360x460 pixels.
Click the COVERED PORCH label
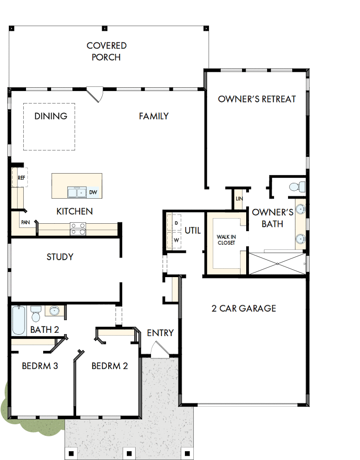[x=106, y=52]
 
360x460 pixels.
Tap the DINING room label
[x=51, y=116]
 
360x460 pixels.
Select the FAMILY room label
[x=154, y=116]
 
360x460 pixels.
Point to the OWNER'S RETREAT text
[x=257, y=99]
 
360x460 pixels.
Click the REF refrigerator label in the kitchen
[x=21, y=178]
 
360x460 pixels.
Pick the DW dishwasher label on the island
[x=93, y=192]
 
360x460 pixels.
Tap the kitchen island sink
[x=76, y=192]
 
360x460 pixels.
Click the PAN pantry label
[x=25, y=222]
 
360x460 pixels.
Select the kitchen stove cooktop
[x=78, y=228]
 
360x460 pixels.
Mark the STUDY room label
[x=60, y=257]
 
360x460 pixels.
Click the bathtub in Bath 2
[x=19, y=319]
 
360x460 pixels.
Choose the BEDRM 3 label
[x=40, y=366]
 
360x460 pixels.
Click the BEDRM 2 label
[x=110, y=366]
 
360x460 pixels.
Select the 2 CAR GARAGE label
[x=244, y=308]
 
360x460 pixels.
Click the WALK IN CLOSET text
[x=226, y=240]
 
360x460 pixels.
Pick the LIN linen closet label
[x=239, y=199]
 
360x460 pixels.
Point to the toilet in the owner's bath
[x=296, y=187]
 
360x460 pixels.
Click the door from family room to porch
[x=95, y=94]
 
